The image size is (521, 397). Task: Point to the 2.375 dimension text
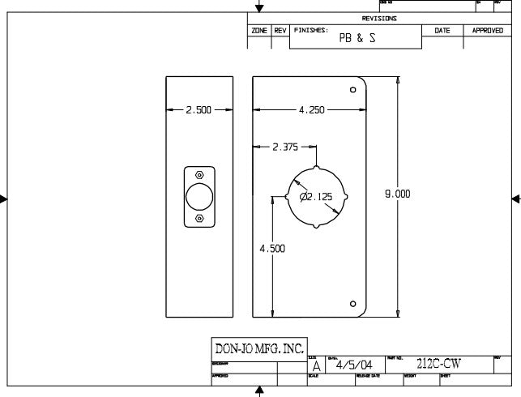point(285,147)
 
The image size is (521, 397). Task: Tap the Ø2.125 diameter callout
point(316,196)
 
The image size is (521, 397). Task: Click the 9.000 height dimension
point(397,194)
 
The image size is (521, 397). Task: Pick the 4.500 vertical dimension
point(272,249)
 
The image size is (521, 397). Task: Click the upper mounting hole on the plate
point(352,89)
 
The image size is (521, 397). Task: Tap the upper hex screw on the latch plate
point(200,175)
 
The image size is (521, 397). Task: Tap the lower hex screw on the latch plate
point(200,219)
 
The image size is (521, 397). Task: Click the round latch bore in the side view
point(200,197)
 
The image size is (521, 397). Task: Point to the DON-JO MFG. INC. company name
point(258,349)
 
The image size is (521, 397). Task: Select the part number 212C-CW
point(438,365)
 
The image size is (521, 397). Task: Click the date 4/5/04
point(354,365)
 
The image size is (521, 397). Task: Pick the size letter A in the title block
point(316,366)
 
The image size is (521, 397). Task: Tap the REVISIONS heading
point(379,19)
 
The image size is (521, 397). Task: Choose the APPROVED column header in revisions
point(488,30)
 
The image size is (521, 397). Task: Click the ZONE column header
point(259,30)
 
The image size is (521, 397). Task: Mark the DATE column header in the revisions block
point(442,30)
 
